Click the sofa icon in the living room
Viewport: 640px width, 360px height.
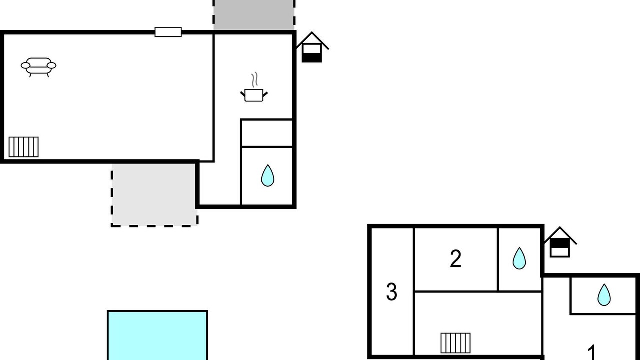39,67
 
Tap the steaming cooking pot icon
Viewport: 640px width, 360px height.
254,87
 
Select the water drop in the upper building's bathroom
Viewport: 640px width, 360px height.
267,175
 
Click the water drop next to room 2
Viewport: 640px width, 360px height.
519,258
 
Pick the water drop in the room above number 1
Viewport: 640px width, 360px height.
604,295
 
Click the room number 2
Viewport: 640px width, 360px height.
455,259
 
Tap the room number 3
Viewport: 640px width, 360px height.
391,292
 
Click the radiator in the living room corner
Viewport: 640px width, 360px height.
23,147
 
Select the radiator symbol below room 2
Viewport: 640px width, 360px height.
455,343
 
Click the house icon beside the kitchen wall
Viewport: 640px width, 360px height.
312,47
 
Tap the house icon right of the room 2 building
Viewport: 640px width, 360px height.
560,242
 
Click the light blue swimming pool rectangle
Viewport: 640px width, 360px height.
157,335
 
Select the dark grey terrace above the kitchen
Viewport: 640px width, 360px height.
254,15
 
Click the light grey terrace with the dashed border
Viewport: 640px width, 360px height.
154,195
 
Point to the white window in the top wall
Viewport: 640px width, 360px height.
168,32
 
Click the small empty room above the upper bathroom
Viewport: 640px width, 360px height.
267,133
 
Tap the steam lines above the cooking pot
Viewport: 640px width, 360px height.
255,79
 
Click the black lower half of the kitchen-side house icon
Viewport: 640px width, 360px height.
312,57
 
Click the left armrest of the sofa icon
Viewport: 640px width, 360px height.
25,66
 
